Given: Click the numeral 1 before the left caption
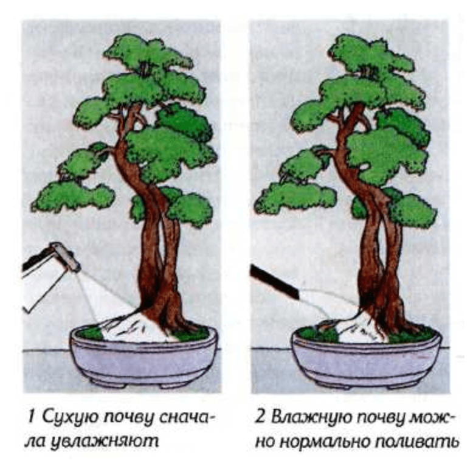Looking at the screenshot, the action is pyautogui.click(x=32, y=417).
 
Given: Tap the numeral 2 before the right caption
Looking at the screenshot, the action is pyautogui.click(x=260, y=417).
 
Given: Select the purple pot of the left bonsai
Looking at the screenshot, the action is pyautogui.click(x=143, y=359).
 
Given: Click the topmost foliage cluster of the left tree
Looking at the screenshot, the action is pyautogui.click(x=147, y=53).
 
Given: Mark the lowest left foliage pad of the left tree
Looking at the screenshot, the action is pyautogui.click(x=73, y=196).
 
